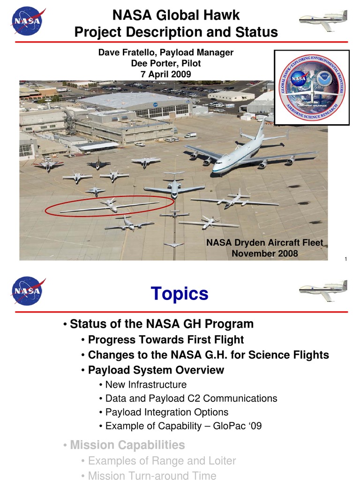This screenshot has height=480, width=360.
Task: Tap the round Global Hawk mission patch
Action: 311,88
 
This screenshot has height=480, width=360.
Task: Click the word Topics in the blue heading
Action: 180,294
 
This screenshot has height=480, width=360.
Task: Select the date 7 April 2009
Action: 166,74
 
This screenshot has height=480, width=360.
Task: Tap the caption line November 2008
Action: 265,254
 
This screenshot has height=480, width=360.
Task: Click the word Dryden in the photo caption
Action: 250,243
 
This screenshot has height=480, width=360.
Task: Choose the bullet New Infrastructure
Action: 146,385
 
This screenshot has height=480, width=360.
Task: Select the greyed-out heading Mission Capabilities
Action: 127,444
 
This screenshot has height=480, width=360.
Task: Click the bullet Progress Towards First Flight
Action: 166,339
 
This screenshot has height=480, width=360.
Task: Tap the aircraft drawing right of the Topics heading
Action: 323,291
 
